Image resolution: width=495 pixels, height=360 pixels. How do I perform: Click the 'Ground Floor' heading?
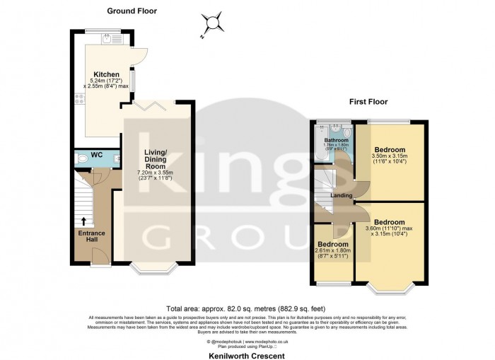132,11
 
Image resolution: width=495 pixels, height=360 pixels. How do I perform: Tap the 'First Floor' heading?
368,102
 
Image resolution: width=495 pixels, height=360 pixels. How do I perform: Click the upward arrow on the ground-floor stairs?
84,222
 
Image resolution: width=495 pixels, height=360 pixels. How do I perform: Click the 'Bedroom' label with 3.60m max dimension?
390,221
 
